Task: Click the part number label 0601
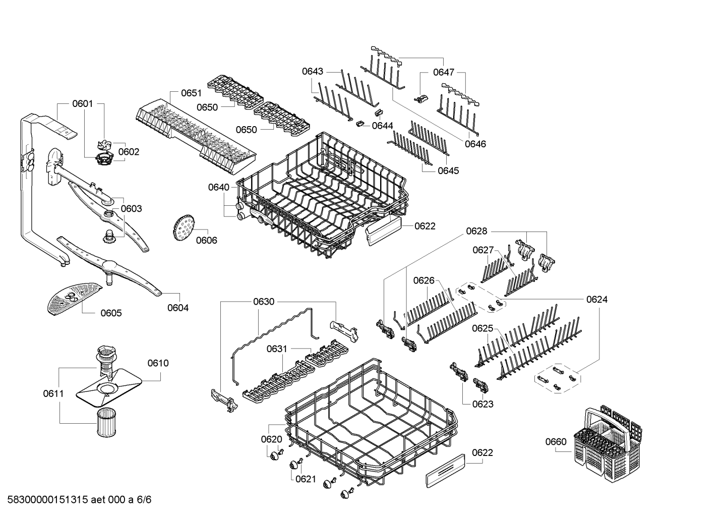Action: [x=82, y=104]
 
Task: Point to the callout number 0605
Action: [x=111, y=313]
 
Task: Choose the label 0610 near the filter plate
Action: [x=158, y=363]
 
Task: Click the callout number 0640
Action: [x=218, y=188]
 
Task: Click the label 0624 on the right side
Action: [x=597, y=300]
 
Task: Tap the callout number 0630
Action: [x=264, y=302]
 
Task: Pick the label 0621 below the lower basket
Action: [x=306, y=479]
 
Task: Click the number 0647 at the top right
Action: [x=444, y=73]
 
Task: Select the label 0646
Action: [x=475, y=144]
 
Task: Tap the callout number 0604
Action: [x=178, y=308]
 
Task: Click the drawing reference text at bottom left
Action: [x=76, y=500]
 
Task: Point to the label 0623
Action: [x=483, y=404]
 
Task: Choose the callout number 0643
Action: [x=313, y=72]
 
